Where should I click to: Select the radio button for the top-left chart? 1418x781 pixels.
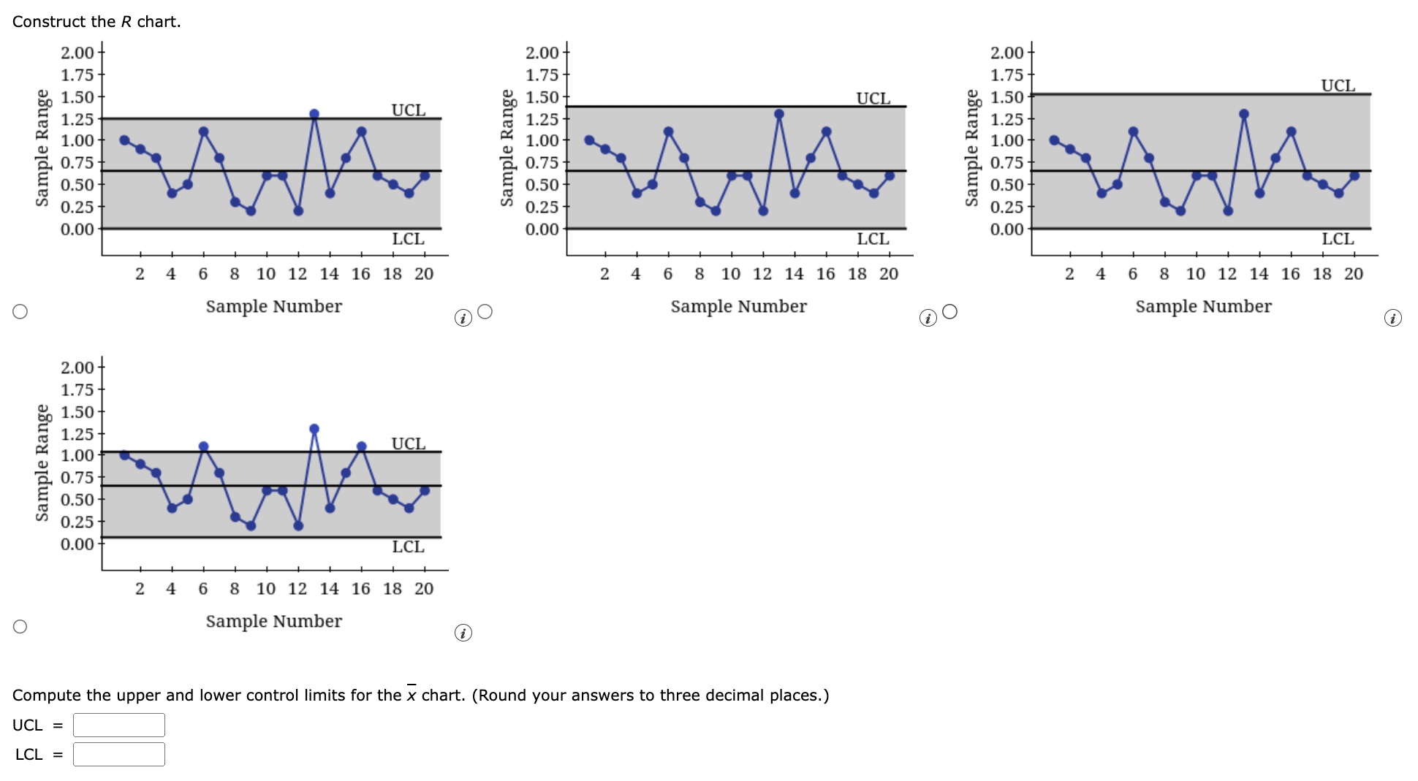coord(20,312)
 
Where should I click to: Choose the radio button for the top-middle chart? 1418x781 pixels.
coord(485,312)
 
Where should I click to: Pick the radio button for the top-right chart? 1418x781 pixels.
coord(950,312)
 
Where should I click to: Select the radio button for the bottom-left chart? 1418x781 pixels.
coord(20,627)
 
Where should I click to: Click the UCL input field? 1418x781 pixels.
coord(119,725)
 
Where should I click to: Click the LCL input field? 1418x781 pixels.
coord(119,754)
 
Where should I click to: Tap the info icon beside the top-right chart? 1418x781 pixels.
coord(1393,318)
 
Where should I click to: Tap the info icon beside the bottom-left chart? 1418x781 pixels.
coord(463,633)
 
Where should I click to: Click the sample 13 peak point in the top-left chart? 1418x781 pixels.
coord(314,114)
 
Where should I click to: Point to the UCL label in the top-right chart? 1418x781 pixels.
coord(1338,85)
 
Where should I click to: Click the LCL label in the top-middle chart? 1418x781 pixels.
coord(873,239)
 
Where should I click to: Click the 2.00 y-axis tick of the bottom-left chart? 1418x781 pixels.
coord(77,367)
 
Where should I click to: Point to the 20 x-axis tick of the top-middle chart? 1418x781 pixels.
coord(889,274)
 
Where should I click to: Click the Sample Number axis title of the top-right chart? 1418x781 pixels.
coord(1203,306)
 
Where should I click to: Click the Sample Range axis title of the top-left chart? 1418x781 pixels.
coord(42,148)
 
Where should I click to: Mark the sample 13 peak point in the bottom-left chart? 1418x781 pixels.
coord(314,429)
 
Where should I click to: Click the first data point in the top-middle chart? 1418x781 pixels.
coord(589,140)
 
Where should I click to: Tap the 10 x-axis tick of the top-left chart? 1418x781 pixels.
coord(266,274)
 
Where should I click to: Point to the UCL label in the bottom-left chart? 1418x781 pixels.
coord(408,443)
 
